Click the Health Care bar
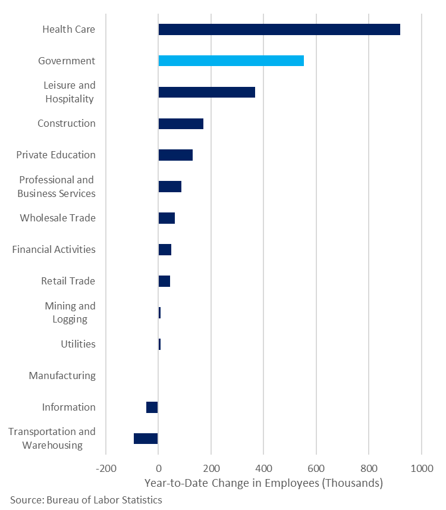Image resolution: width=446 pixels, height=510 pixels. pyautogui.click(x=279, y=30)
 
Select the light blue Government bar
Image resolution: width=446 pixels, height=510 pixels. pyautogui.click(x=231, y=61)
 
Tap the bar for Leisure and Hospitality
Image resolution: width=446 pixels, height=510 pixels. pyautogui.click(x=206, y=92)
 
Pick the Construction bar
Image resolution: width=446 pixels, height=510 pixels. pyautogui.click(x=181, y=124)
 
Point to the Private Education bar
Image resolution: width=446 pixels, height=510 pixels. pyautogui.click(x=175, y=155)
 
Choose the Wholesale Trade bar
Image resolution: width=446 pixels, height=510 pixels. pyautogui.click(x=167, y=218)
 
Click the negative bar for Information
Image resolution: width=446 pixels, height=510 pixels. pyautogui.click(x=152, y=407)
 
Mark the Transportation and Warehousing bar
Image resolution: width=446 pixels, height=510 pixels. pyautogui.click(x=146, y=439)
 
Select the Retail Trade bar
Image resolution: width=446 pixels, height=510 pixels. pyautogui.click(x=164, y=281)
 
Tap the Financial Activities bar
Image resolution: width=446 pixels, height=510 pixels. pyautogui.click(x=165, y=249)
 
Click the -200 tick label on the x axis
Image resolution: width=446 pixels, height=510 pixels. pyautogui.click(x=106, y=468)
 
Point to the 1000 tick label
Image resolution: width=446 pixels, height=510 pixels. pyautogui.click(x=421, y=468)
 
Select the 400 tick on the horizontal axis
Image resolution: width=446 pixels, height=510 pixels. pyautogui.click(x=263, y=468)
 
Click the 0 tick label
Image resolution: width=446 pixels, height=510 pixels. pyautogui.click(x=158, y=468)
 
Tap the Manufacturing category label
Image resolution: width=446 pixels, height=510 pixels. pyautogui.click(x=62, y=376)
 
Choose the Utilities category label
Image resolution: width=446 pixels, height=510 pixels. pyautogui.click(x=78, y=344)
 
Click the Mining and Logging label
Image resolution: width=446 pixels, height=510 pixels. pyautogui.click(x=70, y=312)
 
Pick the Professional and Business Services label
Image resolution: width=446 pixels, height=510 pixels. pyautogui.click(x=56, y=186)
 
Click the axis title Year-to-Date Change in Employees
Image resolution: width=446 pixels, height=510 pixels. pyautogui.click(x=263, y=483)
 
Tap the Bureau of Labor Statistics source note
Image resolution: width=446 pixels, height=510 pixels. pyautogui.click(x=86, y=500)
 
